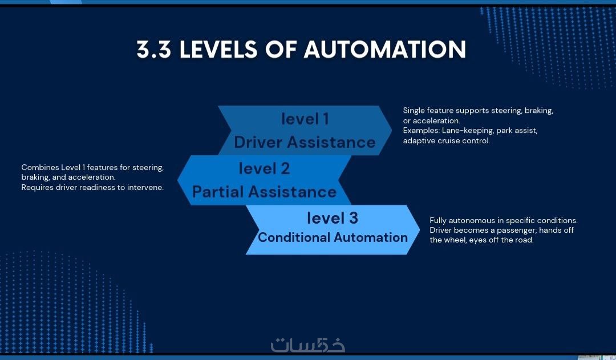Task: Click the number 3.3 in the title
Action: click(153, 50)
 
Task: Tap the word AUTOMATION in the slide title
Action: click(384, 50)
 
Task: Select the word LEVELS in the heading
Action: click(218, 50)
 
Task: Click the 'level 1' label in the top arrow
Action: click(305, 119)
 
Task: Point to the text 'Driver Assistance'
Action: click(305, 142)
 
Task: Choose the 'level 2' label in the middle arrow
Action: click(265, 169)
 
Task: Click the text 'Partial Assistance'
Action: click(264, 192)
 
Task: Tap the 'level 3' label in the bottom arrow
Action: click(333, 218)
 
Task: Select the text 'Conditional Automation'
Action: click(333, 237)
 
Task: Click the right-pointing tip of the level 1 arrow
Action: click(391, 130)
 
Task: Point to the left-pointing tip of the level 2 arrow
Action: click(178, 180)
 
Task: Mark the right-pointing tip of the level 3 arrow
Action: click(419, 229)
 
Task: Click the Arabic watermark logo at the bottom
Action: click(307, 345)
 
